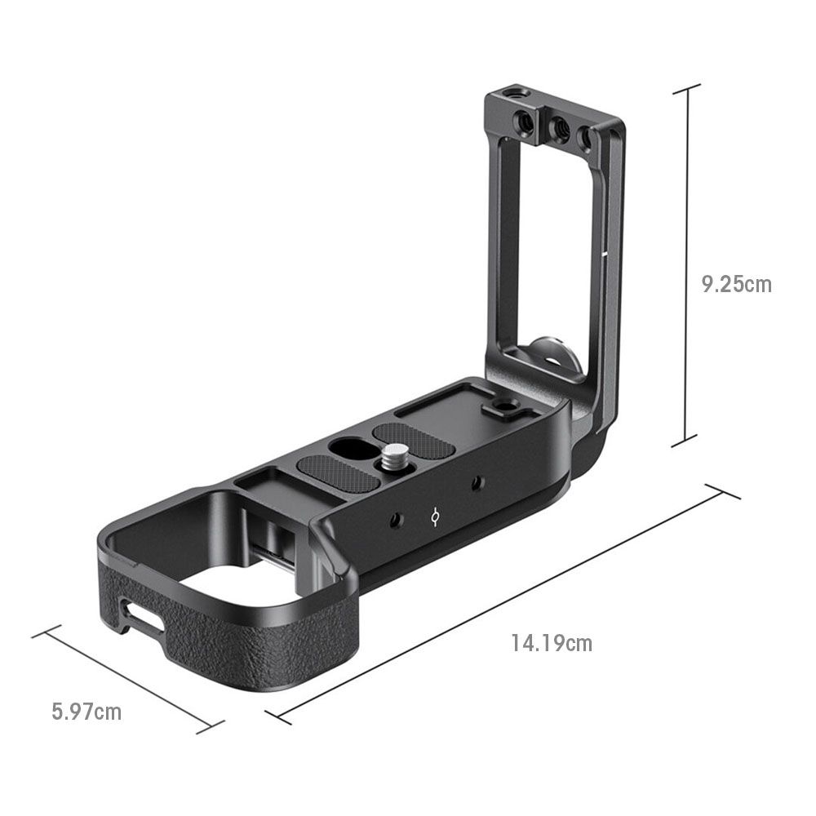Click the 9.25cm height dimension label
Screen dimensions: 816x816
pos(736,284)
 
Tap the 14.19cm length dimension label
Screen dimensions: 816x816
pos(552,643)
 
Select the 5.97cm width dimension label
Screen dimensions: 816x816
pos(86,712)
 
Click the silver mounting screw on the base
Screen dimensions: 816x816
pos(395,456)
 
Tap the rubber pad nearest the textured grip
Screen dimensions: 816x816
pos(338,474)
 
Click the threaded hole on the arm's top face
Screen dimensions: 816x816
pos(512,95)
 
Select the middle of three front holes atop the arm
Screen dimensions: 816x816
pos(559,128)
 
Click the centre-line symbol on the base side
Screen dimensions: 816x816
pos(437,516)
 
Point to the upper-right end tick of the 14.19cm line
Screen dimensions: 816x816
pos(722,491)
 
